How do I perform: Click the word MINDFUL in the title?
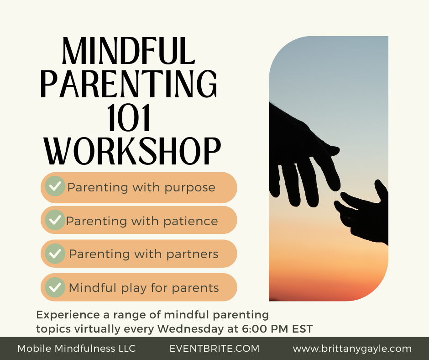tap(129, 51)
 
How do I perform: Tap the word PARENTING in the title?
tap(129, 84)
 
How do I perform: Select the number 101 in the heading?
tap(129, 118)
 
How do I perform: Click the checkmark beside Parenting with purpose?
tap(55, 186)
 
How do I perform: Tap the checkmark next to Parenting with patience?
tap(55, 220)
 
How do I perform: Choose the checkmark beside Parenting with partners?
tap(55, 254)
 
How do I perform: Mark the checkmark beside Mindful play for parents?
tap(55, 287)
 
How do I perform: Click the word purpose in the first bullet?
tap(189, 188)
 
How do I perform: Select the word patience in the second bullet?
tap(190, 221)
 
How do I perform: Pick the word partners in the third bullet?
tap(192, 254)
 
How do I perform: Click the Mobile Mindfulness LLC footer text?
tap(77, 349)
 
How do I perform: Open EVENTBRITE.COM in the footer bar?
tap(214, 349)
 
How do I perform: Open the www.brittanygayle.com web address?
tap(352, 349)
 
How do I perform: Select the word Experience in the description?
tap(68, 315)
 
